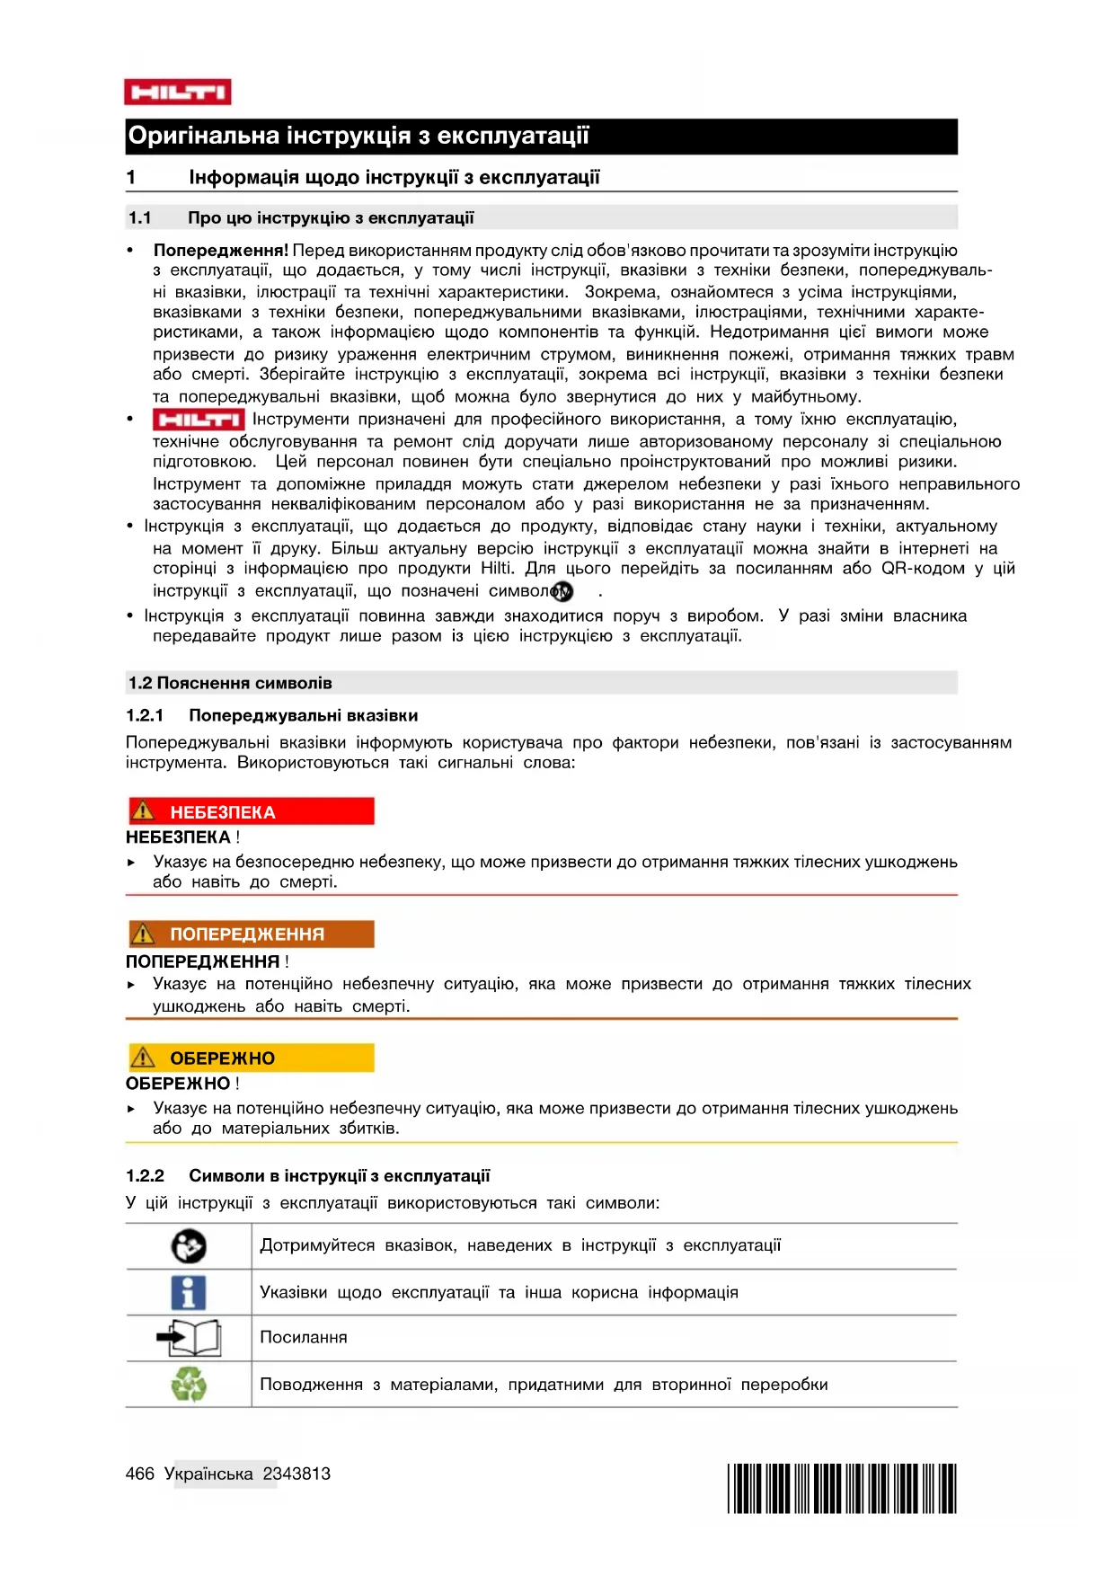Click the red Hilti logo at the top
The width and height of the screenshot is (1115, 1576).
[x=177, y=92]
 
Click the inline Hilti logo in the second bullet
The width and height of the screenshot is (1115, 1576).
[x=198, y=420]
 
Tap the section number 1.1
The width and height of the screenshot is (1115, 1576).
[x=139, y=217]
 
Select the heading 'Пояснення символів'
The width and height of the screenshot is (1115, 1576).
[x=244, y=683]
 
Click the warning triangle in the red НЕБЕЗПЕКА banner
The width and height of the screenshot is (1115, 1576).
[x=143, y=811]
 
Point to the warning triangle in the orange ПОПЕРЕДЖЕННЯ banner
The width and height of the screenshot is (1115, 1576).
[x=143, y=934]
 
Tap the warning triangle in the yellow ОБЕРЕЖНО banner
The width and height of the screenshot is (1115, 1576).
[x=143, y=1058]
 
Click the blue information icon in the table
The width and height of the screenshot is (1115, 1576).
[x=188, y=1293]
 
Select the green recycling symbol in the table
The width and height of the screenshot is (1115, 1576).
[x=189, y=1385]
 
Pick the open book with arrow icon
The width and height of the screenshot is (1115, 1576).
[x=189, y=1338]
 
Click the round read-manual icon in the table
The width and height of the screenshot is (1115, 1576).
[x=189, y=1246]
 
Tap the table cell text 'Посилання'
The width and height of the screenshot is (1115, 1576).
[x=304, y=1338]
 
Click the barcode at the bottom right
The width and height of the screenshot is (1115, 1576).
[x=841, y=1489]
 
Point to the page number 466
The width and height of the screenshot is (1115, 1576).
[x=140, y=1474]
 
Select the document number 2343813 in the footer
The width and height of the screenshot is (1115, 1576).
[x=296, y=1474]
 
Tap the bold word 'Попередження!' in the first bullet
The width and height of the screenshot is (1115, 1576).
[x=221, y=251]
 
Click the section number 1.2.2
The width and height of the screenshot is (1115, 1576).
[x=145, y=1176]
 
